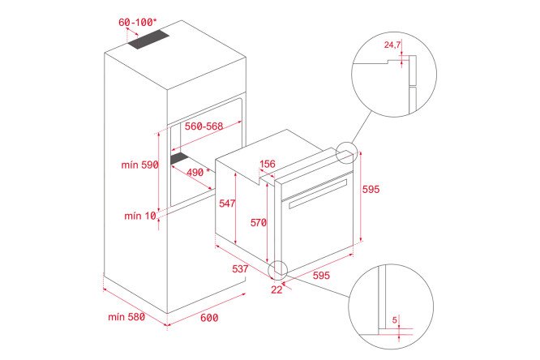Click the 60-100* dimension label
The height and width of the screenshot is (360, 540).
(137, 23)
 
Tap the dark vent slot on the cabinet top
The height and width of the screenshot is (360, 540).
(148, 40)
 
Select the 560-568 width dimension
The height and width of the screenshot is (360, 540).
(204, 126)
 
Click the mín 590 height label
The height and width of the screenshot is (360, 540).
(139, 165)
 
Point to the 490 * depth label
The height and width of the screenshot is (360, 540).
(199, 172)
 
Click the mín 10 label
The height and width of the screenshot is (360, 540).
(140, 216)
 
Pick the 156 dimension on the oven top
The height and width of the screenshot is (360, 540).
(268, 164)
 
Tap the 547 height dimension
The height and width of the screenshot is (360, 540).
(227, 204)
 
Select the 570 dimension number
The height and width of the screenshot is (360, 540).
(259, 223)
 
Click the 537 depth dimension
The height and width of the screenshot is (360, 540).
(240, 268)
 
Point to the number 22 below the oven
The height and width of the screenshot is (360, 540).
(276, 289)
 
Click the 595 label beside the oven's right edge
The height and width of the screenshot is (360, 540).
(371, 189)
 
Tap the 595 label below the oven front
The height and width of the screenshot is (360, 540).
(321, 275)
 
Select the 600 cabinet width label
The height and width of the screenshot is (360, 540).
(209, 317)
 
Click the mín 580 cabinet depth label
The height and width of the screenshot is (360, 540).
(126, 317)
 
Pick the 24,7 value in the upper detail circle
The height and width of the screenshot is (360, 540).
(392, 45)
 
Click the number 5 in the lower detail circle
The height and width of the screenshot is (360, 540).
(395, 320)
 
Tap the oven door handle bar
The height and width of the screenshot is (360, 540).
(318, 194)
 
